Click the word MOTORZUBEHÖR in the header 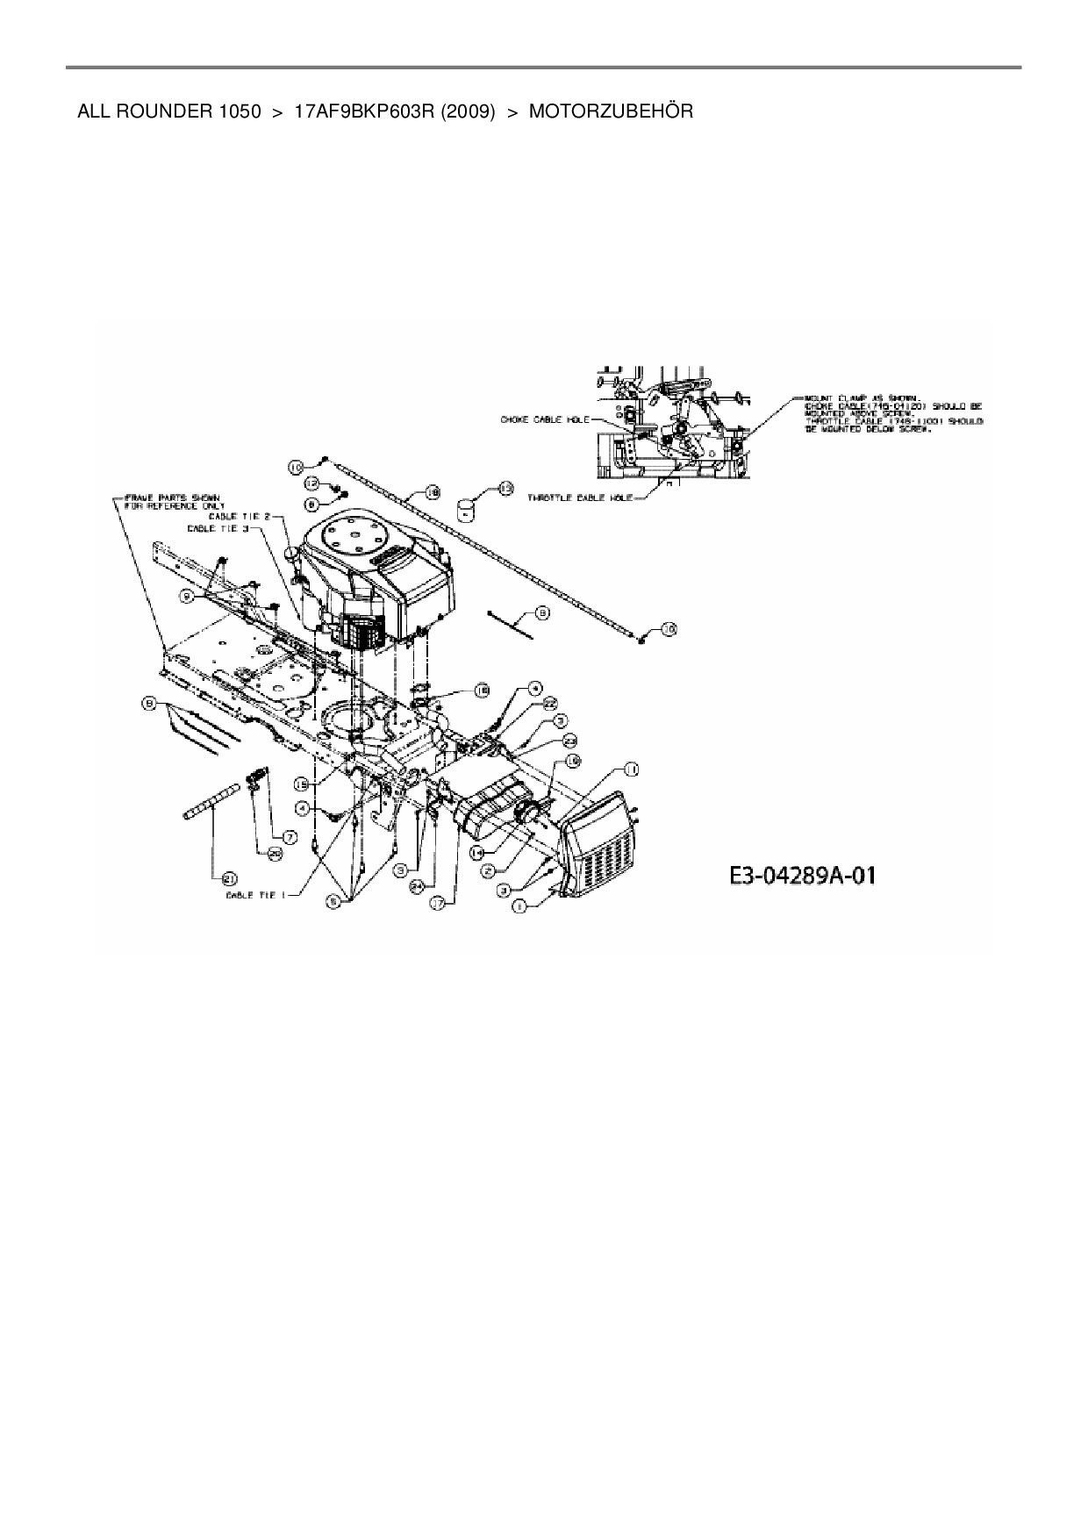point(611,111)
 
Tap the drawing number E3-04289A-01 point(802,876)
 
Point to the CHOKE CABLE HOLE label point(545,419)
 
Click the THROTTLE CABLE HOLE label point(580,497)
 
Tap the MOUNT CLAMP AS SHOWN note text point(893,420)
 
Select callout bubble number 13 point(505,489)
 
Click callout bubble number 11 point(630,769)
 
